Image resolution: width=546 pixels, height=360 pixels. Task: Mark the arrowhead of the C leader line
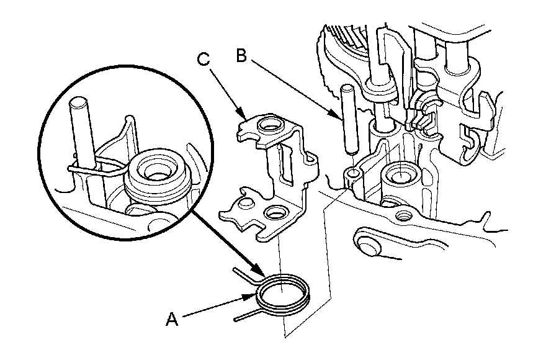tap(244, 114)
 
